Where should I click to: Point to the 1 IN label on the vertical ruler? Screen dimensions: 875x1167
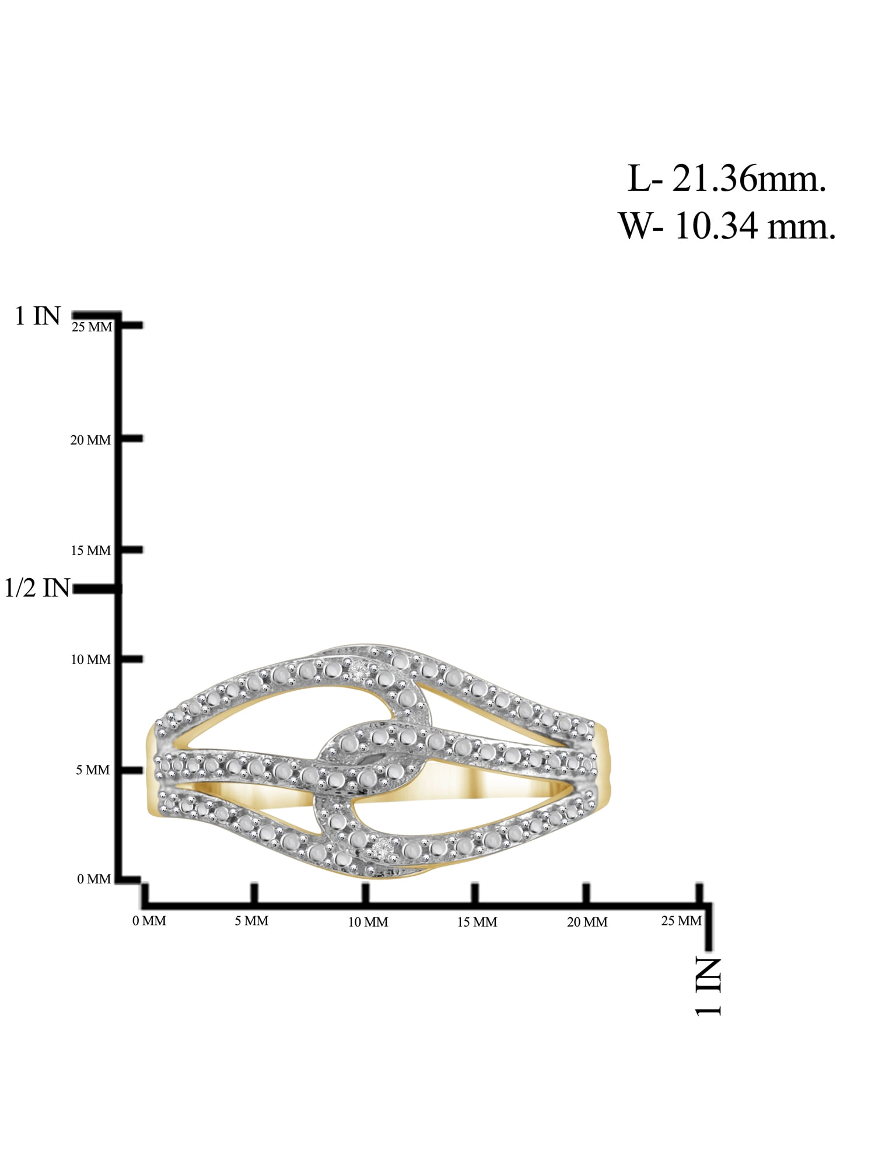click(x=38, y=316)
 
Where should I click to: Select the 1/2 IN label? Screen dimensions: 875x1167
click(x=37, y=588)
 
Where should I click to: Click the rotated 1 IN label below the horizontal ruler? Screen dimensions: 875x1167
click(x=708, y=986)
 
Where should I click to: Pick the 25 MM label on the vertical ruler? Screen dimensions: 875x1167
click(x=92, y=327)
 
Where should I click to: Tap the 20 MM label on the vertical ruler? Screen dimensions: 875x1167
click(x=90, y=441)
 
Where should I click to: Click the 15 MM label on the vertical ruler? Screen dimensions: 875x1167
click(x=90, y=551)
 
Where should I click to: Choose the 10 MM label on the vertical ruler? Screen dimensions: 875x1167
click(x=90, y=660)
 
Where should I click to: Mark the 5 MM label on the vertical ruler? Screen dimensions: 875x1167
click(x=93, y=771)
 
